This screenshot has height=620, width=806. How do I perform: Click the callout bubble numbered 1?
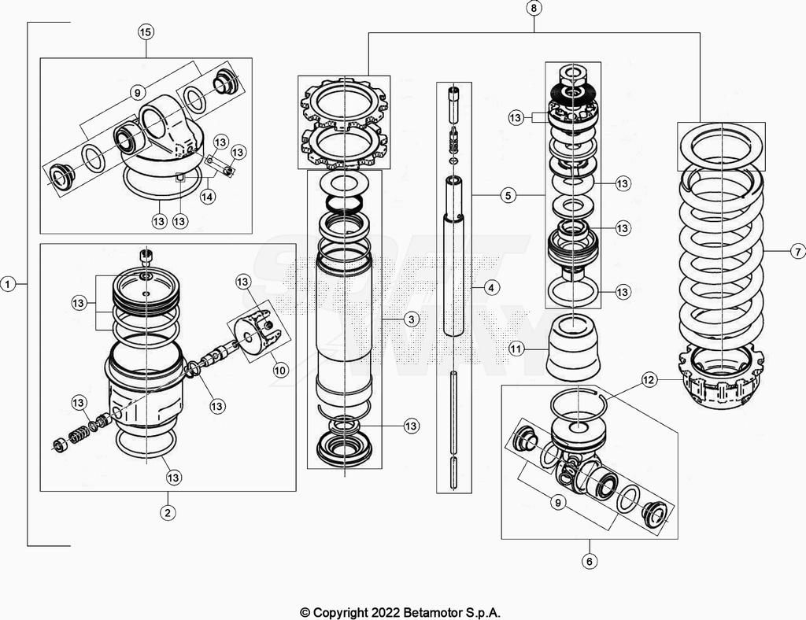pos(9,284)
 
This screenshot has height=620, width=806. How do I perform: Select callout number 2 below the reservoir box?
pos(167,512)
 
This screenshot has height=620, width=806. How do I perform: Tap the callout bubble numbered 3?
pos(411,319)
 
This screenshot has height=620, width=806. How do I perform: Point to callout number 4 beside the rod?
pos(490,288)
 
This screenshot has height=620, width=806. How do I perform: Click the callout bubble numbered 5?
pos(509,195)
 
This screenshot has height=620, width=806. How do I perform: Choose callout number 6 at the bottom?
pos(590,561)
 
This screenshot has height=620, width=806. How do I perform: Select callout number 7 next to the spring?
pos(797,252)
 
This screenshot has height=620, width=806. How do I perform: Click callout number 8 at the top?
pos(534,9)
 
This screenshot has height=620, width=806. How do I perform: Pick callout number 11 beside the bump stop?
pos(516,348)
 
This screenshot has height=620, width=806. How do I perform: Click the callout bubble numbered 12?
pos(649,380)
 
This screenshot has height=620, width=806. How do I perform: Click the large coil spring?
pos(721,260)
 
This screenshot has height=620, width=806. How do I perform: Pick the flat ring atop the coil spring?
pos(721,146)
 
